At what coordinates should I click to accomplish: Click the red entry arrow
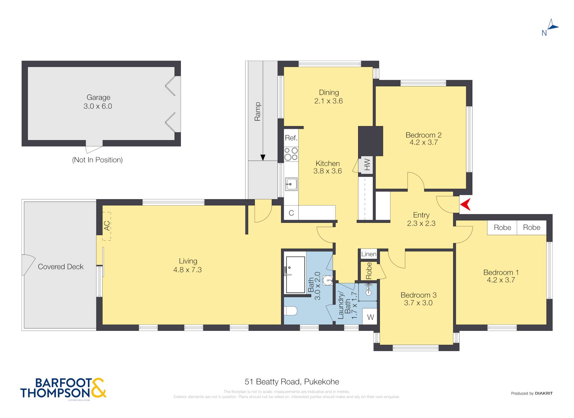pos(466,205)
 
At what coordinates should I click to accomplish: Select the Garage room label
pos(98,102)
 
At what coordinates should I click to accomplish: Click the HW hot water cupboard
pos(367,165)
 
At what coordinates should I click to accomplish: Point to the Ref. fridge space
pos(291,138)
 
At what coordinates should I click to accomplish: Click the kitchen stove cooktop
pos(291,154)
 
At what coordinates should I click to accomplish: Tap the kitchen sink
pos(291,184)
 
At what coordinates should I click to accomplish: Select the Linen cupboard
pos(369,254)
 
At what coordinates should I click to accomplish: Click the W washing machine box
pos(370,317)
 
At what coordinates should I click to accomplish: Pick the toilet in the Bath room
pos(290,311)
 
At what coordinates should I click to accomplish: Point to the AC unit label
pos(107,226)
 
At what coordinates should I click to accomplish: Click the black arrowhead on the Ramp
pos(263,158)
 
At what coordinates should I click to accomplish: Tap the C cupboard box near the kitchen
pos(291,213)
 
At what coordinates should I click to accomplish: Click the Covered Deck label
pos(61,267)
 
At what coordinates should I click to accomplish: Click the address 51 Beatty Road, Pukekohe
pos(292,382)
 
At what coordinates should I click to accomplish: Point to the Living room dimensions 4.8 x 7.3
pos(188,270)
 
